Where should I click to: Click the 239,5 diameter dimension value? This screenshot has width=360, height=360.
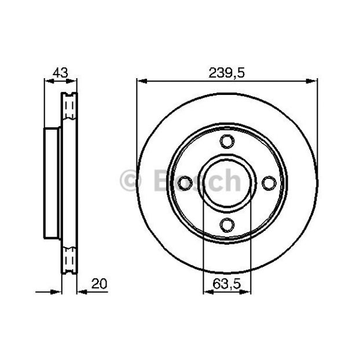pos(227,74)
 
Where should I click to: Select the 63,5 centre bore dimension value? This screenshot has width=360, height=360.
pos(227,284)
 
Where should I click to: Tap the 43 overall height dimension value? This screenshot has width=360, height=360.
pos(60,73)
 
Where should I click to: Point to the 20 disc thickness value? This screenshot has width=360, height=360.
pos(99,284)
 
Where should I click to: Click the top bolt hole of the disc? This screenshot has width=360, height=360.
pos(227,141)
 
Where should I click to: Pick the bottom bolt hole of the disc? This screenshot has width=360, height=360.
pos(227,225)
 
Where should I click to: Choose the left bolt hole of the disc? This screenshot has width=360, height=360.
pos(185,183)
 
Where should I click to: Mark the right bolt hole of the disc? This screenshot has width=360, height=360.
pos(269,183)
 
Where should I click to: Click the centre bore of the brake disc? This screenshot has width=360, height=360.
pos(227,183)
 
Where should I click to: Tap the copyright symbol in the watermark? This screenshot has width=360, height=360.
pos(130,181)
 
